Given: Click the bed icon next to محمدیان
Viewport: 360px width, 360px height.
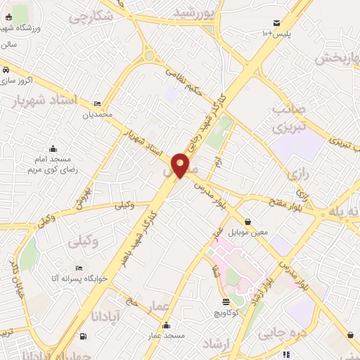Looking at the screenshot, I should click(97, 103).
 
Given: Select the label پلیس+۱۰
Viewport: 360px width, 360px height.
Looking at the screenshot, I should click(276, 34).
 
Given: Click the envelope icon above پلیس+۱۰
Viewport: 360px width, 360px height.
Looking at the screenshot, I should click(276, 23).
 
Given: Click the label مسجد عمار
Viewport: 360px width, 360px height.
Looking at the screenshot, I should click(166, 336).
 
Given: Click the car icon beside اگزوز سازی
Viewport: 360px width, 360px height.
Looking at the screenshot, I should click(6, 70).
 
